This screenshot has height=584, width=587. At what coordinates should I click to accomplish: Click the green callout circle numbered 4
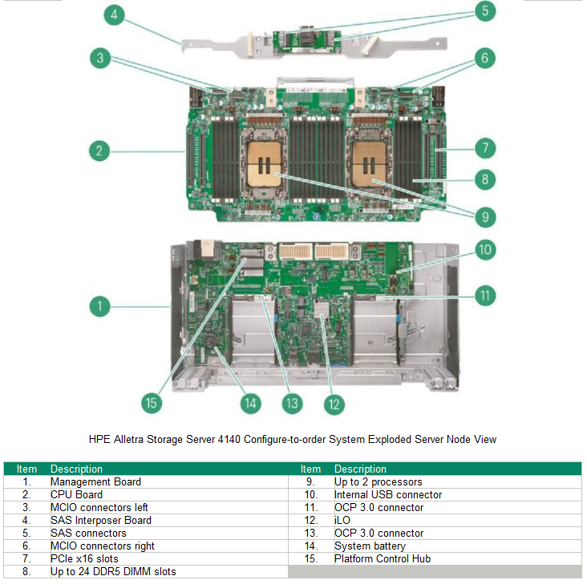(115, 14)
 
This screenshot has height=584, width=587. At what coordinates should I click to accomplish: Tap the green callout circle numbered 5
(484, 12)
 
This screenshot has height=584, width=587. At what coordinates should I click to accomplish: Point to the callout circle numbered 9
(484, 217)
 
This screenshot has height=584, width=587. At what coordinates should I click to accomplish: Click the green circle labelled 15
(152, 402)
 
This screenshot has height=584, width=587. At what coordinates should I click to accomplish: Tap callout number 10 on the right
(484, 250)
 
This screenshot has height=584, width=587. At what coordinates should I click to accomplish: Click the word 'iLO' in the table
(342, 520)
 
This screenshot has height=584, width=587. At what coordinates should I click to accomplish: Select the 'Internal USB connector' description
(377, 494)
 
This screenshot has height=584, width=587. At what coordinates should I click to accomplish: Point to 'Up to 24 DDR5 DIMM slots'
(113, 571)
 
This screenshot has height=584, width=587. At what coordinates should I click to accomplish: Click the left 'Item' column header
(26, 469)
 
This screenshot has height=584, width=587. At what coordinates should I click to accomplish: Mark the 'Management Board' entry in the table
(95, 481)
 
